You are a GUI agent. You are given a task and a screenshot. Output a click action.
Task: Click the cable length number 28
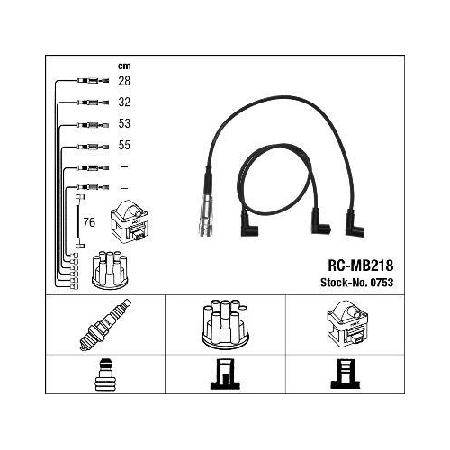tap(124, 81)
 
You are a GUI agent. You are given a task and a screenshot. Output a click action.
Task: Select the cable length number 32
tap(124, 103)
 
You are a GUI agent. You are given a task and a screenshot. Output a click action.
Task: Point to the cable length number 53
tap(124, 123)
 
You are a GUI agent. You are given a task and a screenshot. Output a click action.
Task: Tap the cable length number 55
tap(124, 145)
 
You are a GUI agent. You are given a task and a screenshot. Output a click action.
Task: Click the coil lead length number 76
tap(89, 222)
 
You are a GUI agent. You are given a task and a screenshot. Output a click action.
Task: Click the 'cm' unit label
tap(124, 66)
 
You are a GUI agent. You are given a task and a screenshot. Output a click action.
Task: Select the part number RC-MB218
tap(360, 265)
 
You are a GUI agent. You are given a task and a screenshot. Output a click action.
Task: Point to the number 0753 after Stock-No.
tap(382, 283)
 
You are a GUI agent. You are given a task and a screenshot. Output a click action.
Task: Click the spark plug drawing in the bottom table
tap(105, 325)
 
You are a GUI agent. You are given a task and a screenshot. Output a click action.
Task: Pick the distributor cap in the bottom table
tap(225, 324)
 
